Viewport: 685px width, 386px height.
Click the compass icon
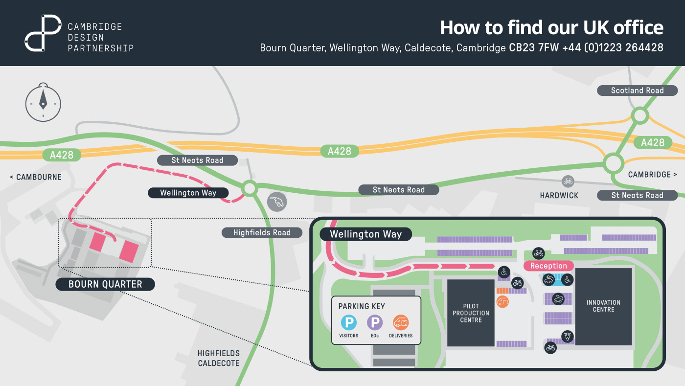click(43, 103)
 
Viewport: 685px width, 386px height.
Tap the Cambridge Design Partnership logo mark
click(43, 33)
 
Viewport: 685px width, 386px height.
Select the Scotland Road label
click(637, 91)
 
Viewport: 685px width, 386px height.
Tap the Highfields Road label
click(262, 233)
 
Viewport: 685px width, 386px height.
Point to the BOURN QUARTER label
click(105, 284)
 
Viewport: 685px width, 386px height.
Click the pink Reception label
click(548, 266)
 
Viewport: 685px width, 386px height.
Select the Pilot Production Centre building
click(471, 313)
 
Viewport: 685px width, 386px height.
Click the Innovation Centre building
click(603, 306)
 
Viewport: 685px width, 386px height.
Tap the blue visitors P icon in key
click(349, 323)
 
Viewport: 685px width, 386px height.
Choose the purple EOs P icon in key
click(375, 323)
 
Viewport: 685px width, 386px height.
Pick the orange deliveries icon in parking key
click(401, 323)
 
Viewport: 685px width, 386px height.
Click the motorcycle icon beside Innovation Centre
click(568, 336)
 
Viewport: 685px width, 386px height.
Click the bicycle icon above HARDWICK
click(568, 182)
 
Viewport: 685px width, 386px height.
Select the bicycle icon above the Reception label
click(539, 253)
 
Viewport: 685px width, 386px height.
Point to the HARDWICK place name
click(559, 195)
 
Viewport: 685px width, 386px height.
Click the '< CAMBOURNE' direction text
click(36, 177)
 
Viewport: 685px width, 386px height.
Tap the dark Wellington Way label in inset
click(365, 234)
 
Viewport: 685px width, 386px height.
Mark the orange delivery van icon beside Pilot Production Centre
click(502, 302)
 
